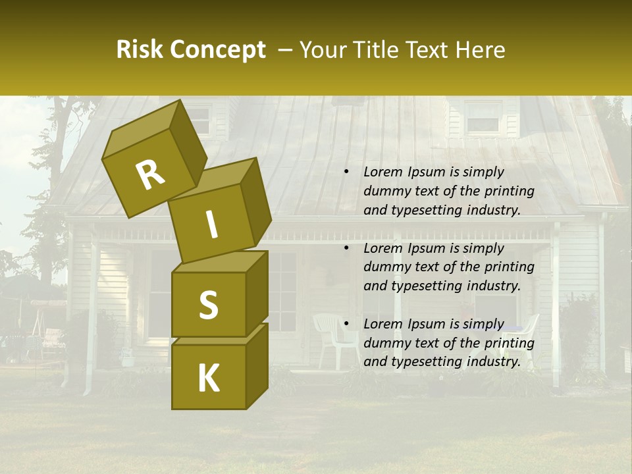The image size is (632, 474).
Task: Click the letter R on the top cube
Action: [150, 174]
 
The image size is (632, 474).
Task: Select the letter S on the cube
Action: [208, 305]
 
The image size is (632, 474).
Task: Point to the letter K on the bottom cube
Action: [208, 379]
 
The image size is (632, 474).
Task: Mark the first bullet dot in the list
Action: [346, 172]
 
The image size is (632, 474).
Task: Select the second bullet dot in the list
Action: [346, 249]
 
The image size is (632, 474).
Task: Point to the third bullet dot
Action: [346, 325]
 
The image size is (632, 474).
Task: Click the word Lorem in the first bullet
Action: [382, 172]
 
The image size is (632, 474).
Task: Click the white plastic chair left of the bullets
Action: [332, 336]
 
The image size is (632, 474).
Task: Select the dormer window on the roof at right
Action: [483, 119]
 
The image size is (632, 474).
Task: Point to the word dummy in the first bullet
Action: [386, 192]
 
